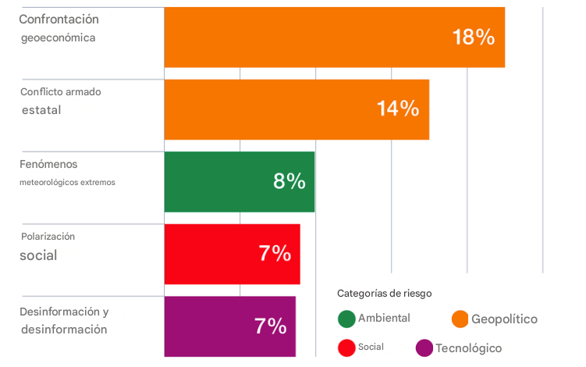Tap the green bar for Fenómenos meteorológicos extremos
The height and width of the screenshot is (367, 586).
tap(226, 181)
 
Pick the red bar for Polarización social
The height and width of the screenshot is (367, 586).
tap(218, 254)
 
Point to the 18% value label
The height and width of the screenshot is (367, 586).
tap(473, 37)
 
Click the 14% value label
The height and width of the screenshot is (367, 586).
tap(397, 109)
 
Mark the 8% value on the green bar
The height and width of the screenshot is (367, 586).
tap(289, 181)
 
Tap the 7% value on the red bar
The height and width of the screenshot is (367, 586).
tap(275, 254)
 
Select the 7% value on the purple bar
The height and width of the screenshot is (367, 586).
tap(271, 326)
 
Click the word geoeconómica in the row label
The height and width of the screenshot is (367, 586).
tap(59, 37)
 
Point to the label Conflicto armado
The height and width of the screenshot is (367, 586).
tap(61, 92)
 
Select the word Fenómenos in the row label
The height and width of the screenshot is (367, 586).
tap(48, 164)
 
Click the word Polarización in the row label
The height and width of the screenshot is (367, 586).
tap(48, 236)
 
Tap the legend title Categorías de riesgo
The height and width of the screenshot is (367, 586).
tap(384, 294)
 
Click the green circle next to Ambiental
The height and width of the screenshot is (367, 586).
tap(347, 319)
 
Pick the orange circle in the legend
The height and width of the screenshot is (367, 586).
tap(460, 319)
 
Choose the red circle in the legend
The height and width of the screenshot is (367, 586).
tap(347, 347)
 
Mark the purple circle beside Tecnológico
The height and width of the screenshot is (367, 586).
tap(424, 347)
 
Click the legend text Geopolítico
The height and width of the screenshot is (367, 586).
tap(504, 319)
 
